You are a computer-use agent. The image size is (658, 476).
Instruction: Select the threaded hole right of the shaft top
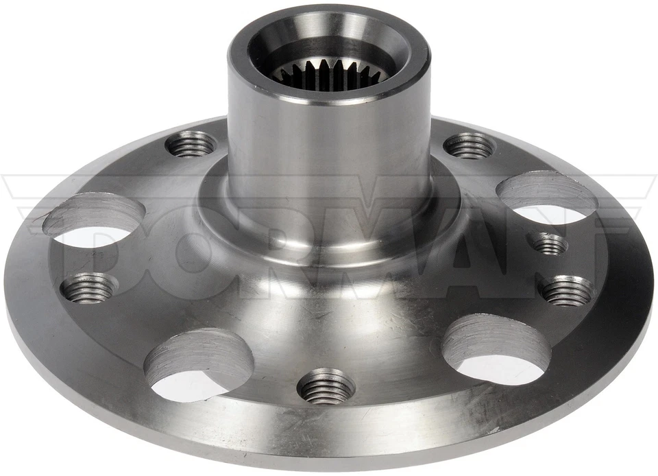point(470,145)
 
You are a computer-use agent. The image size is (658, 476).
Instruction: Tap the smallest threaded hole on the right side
point(548,243)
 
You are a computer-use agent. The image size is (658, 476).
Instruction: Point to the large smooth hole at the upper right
point(547,197)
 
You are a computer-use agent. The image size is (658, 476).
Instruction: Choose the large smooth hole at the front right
point(496,349)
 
